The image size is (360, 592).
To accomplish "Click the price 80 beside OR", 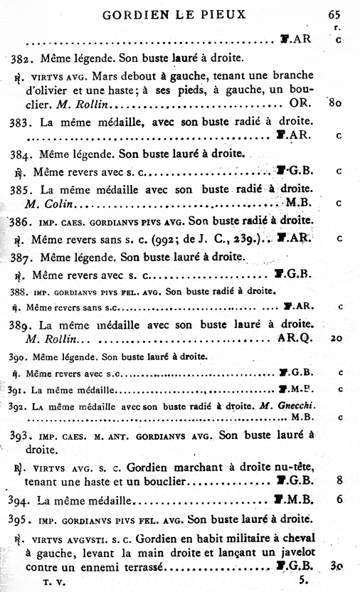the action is tap(337, 103).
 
